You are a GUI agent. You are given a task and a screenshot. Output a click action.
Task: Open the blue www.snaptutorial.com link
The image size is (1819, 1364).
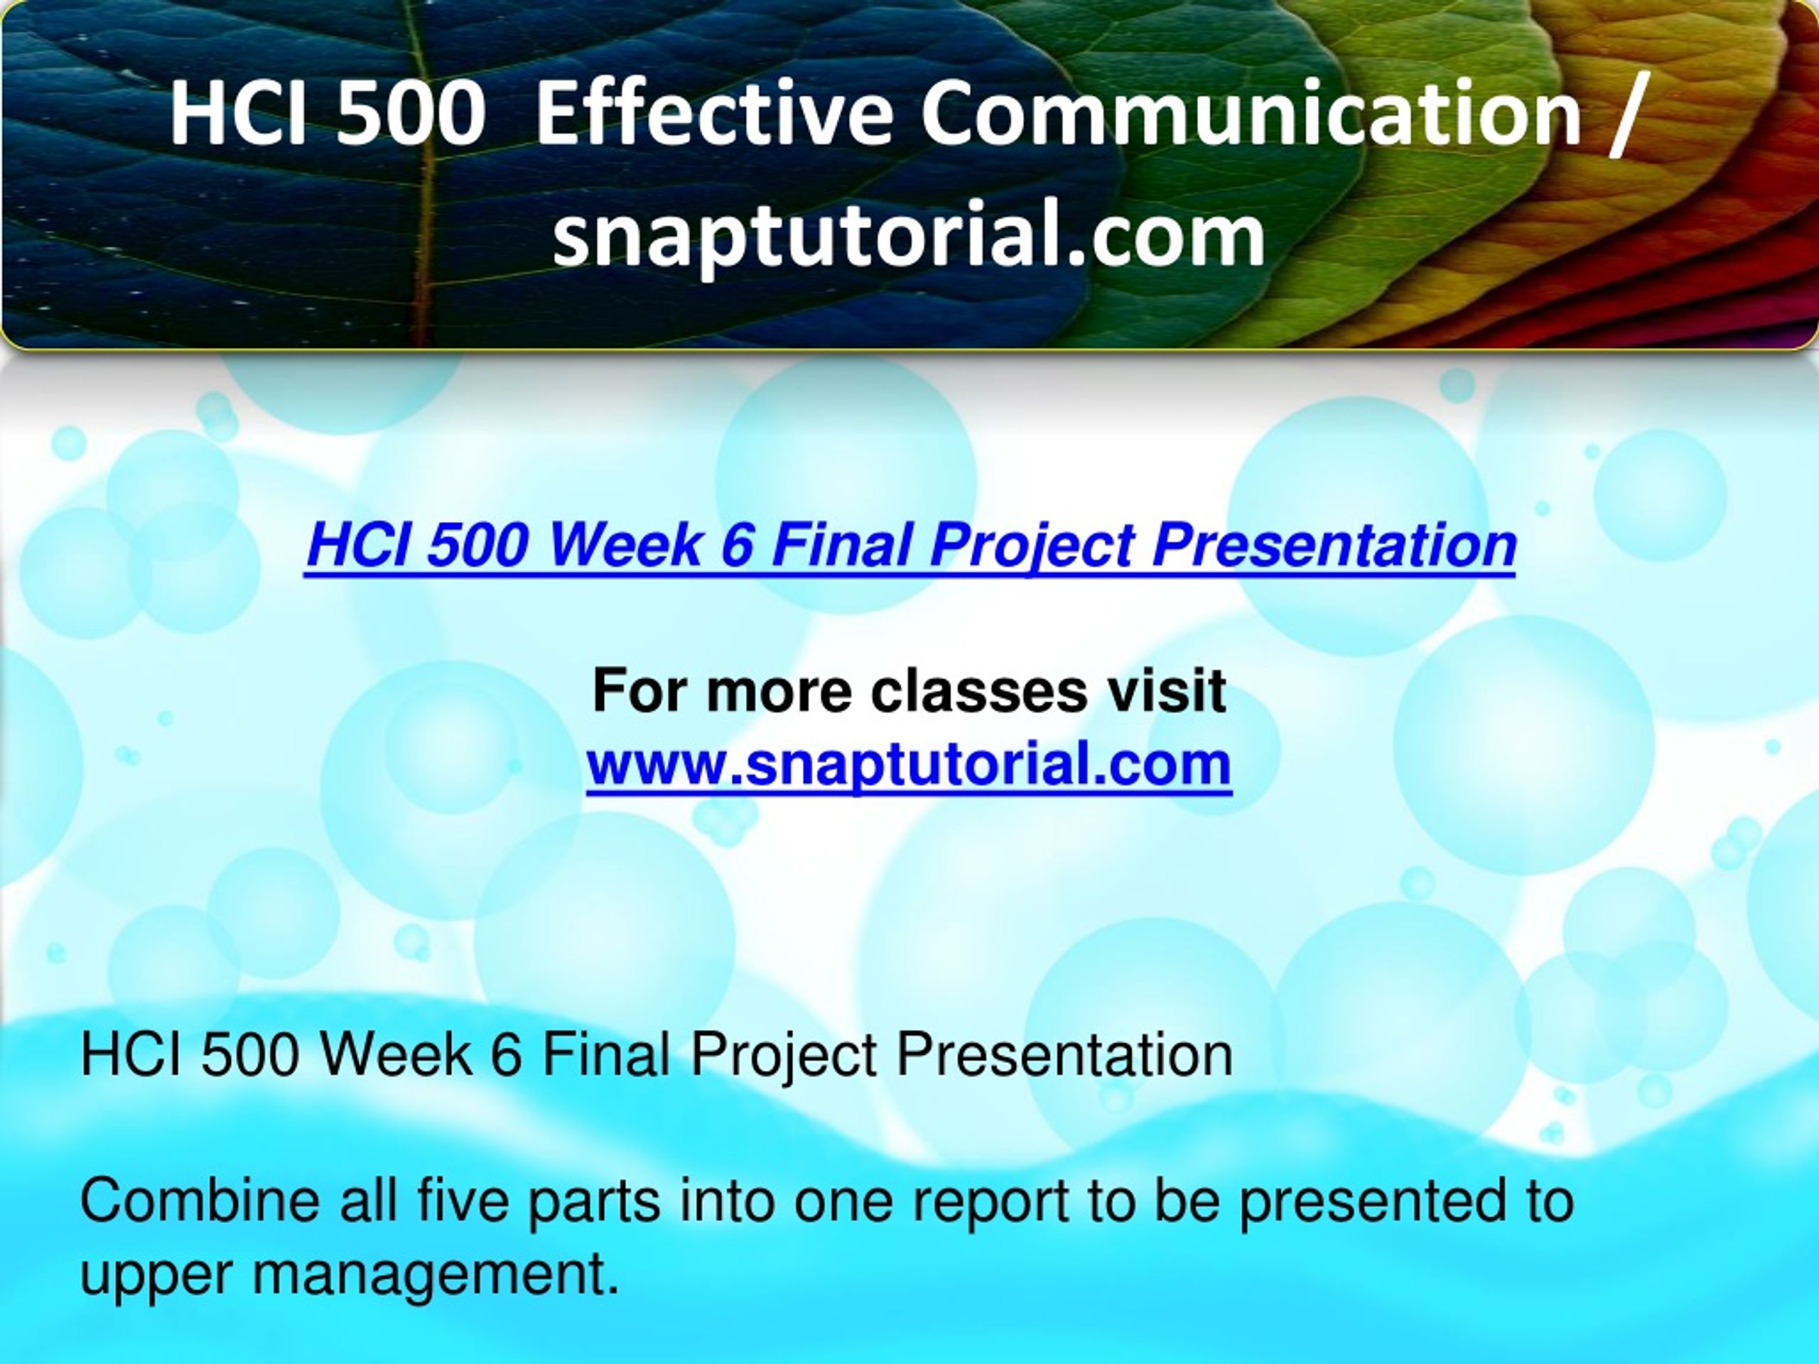coord(909,764)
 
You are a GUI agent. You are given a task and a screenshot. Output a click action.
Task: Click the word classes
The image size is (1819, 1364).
coord(978,691)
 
